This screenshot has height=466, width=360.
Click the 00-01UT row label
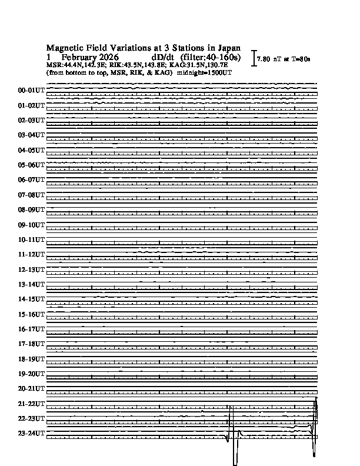click(x=32, y=91)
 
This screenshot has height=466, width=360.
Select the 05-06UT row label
click(x=32, y=165)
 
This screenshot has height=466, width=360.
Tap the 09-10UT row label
click(x=32, y=225)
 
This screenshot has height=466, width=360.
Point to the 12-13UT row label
click(x=32, y=269)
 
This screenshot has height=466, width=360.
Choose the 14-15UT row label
click(x=32, y=299)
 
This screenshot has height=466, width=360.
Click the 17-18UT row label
click(x=32, y=344)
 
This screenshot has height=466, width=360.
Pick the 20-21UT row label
click(x=32, y=388)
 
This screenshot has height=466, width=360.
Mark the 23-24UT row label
click(x=32, y=434)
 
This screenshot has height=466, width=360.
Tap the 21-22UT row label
click(x=32, y=404)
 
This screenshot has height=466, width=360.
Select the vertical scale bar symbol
click(x=253, y=58)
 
